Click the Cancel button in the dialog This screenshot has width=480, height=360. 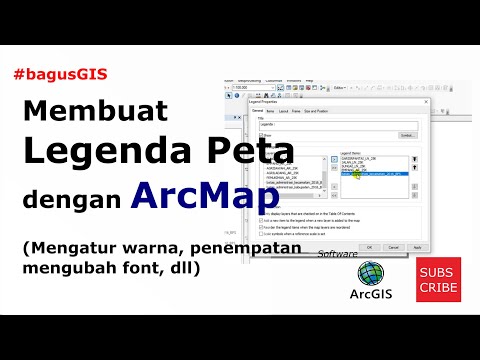point(393,246)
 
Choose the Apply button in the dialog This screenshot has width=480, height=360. point(416,246)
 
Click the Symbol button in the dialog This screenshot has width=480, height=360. point(406,134)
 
